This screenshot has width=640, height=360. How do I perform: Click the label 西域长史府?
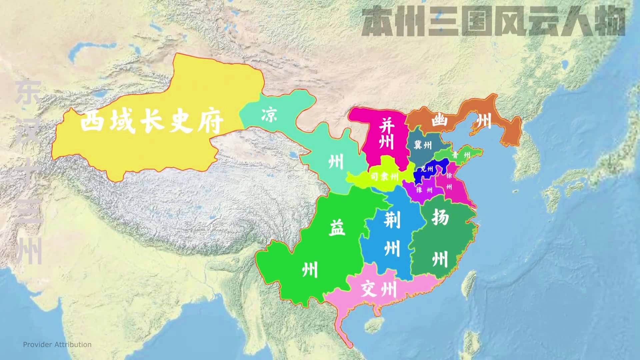[152, 121]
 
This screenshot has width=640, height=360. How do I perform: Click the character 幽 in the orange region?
[440, 121]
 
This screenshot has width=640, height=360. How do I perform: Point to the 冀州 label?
[422, 145]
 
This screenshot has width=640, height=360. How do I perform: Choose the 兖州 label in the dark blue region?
[427, 169]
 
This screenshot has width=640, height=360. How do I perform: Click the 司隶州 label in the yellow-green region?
[384, 176]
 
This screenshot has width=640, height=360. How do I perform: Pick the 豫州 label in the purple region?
[424, 190]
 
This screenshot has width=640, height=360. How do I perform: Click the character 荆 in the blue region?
[392, 220]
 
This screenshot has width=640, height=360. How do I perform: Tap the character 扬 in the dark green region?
[440, 217]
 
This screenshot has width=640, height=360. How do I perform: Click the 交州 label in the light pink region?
[379, 289]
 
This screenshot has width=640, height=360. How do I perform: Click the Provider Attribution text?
[57, 345]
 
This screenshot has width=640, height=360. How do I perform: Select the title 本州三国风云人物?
[493, 22]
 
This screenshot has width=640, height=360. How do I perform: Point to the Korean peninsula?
[530, 150]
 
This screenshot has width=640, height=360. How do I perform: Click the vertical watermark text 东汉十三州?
[28, 172]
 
